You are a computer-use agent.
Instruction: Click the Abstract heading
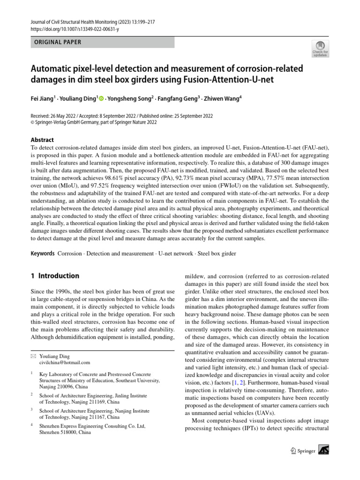42,140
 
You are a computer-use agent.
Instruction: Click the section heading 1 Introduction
55,276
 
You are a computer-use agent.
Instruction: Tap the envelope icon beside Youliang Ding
33,356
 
